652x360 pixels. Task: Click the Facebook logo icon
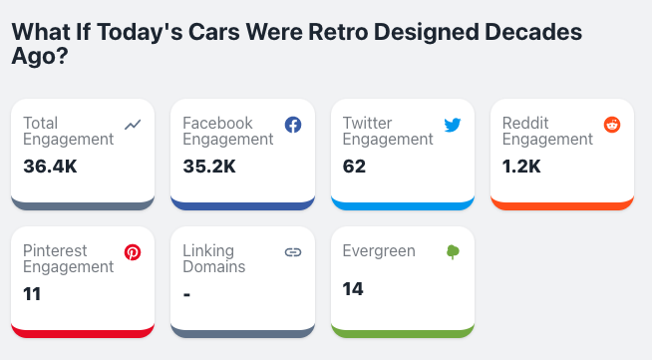point(293,125)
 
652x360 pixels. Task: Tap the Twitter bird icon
point(453,125)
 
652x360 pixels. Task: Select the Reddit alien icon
point(612,125)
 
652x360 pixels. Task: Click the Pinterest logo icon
point(133,252)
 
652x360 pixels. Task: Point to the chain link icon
point(293,252)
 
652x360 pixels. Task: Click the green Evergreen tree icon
point(453,252)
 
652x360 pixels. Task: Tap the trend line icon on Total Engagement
point(134,125)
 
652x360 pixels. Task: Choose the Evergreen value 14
point(353,289)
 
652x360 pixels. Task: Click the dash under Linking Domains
point(186,294)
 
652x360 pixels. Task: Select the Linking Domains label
point(214,259)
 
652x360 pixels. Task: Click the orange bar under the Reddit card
point(562,205)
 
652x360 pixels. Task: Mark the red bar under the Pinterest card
point(83,332)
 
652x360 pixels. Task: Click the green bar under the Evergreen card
point(402,332)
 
